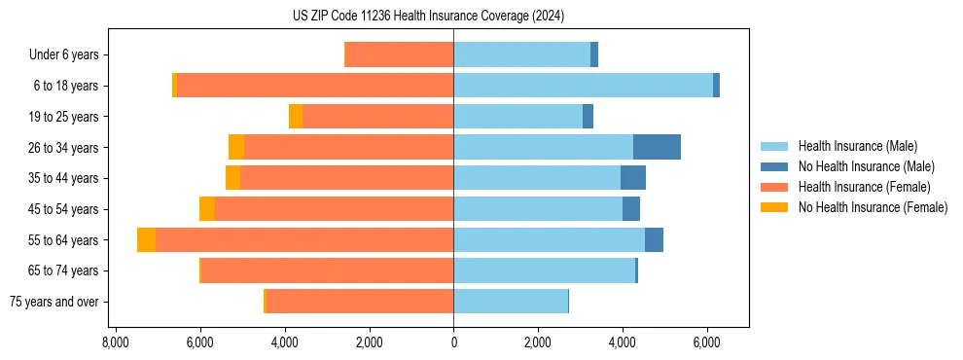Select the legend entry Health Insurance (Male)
[x=857, y=146]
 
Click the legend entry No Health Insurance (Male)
[x=865, y=166]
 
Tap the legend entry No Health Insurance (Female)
[x=872, y=207]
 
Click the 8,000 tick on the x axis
[x=115, y=343]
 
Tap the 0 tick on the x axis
[x=453, y=343]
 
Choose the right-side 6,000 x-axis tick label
[x=706, y=343]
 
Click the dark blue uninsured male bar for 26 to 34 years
[x=657, y=147]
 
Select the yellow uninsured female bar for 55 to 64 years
[x=146, y=239]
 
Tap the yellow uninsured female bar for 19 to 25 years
[x=296, y=117]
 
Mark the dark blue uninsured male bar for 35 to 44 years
[x=633, y=178]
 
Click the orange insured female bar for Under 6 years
[x=400, y=55]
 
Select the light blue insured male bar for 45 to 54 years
[x=538, y=209]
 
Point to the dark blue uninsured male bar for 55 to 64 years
[x=654, y=239]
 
